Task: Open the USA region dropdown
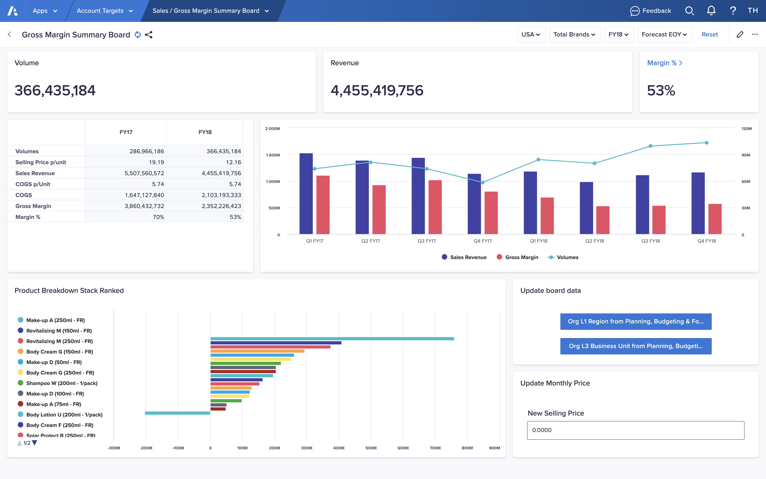pyautogui.click(x=531, y=34)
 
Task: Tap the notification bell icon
pyautogui.click(x=711, y=11)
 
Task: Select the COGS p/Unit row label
pyautogui.click(x=33, y=184)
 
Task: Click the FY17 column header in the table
pyautogui.click(x=126, y=132)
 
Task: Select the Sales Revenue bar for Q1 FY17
pyautogui.click(x=306, y=193)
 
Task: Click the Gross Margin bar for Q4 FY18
pyautogui.click(x=715, y=219)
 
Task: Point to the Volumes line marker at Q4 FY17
pyautogui.click(x=483, y=182)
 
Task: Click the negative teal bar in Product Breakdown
pyautogui.click(x=177, y=413)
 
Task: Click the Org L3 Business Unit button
pyautogui.click(x=636, y=346)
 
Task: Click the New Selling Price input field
pyautogui.click(x=635, y=430)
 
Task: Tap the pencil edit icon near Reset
pyautogui.click(x=740, y=34)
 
